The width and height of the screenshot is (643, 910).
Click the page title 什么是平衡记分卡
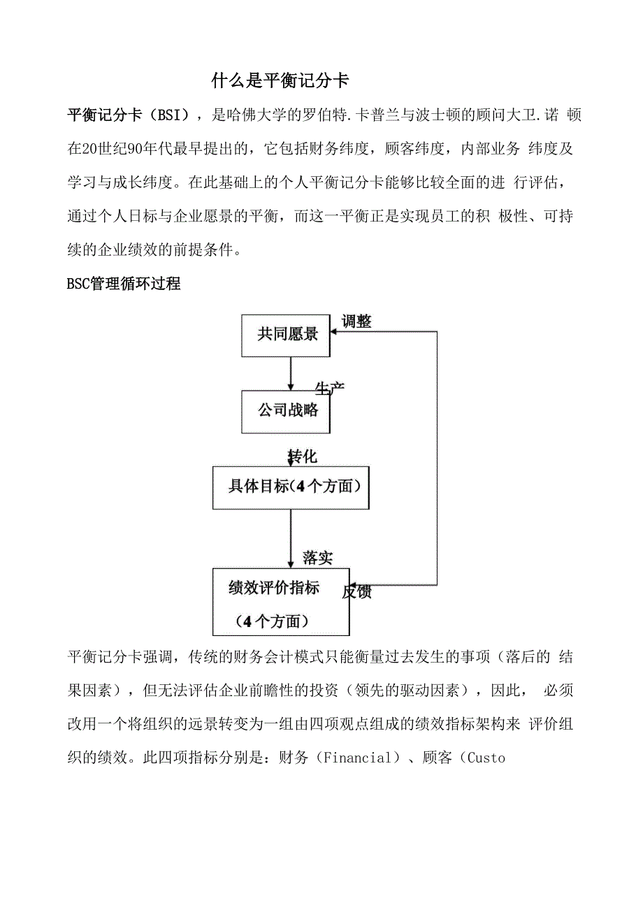280,81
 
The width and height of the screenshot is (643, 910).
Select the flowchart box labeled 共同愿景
287,335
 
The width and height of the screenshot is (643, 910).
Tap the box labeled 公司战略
287,410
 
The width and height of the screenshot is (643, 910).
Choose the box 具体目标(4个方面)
291,487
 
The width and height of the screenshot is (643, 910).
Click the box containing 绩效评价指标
280,601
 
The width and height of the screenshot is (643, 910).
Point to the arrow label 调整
356,322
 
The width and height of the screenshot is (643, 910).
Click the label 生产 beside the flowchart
329,389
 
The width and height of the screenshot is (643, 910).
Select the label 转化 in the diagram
303,457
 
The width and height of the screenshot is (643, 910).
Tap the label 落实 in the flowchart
318,557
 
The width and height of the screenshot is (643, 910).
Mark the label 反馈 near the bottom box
357,592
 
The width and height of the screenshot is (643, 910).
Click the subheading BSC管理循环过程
124,284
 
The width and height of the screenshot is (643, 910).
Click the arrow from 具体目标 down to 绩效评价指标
291,538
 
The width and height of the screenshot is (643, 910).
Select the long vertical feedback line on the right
437,458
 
